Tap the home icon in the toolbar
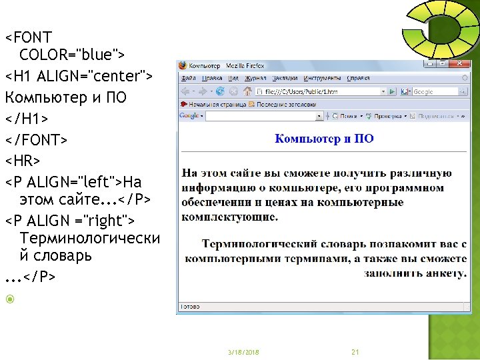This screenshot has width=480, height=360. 248,91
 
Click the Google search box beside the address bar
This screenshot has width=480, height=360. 437,91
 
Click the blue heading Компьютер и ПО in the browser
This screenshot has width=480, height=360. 324,139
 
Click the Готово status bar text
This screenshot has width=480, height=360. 191,307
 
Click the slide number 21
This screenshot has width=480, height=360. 355,351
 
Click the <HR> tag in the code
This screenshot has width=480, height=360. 23,161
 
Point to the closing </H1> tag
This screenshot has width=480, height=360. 27,119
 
